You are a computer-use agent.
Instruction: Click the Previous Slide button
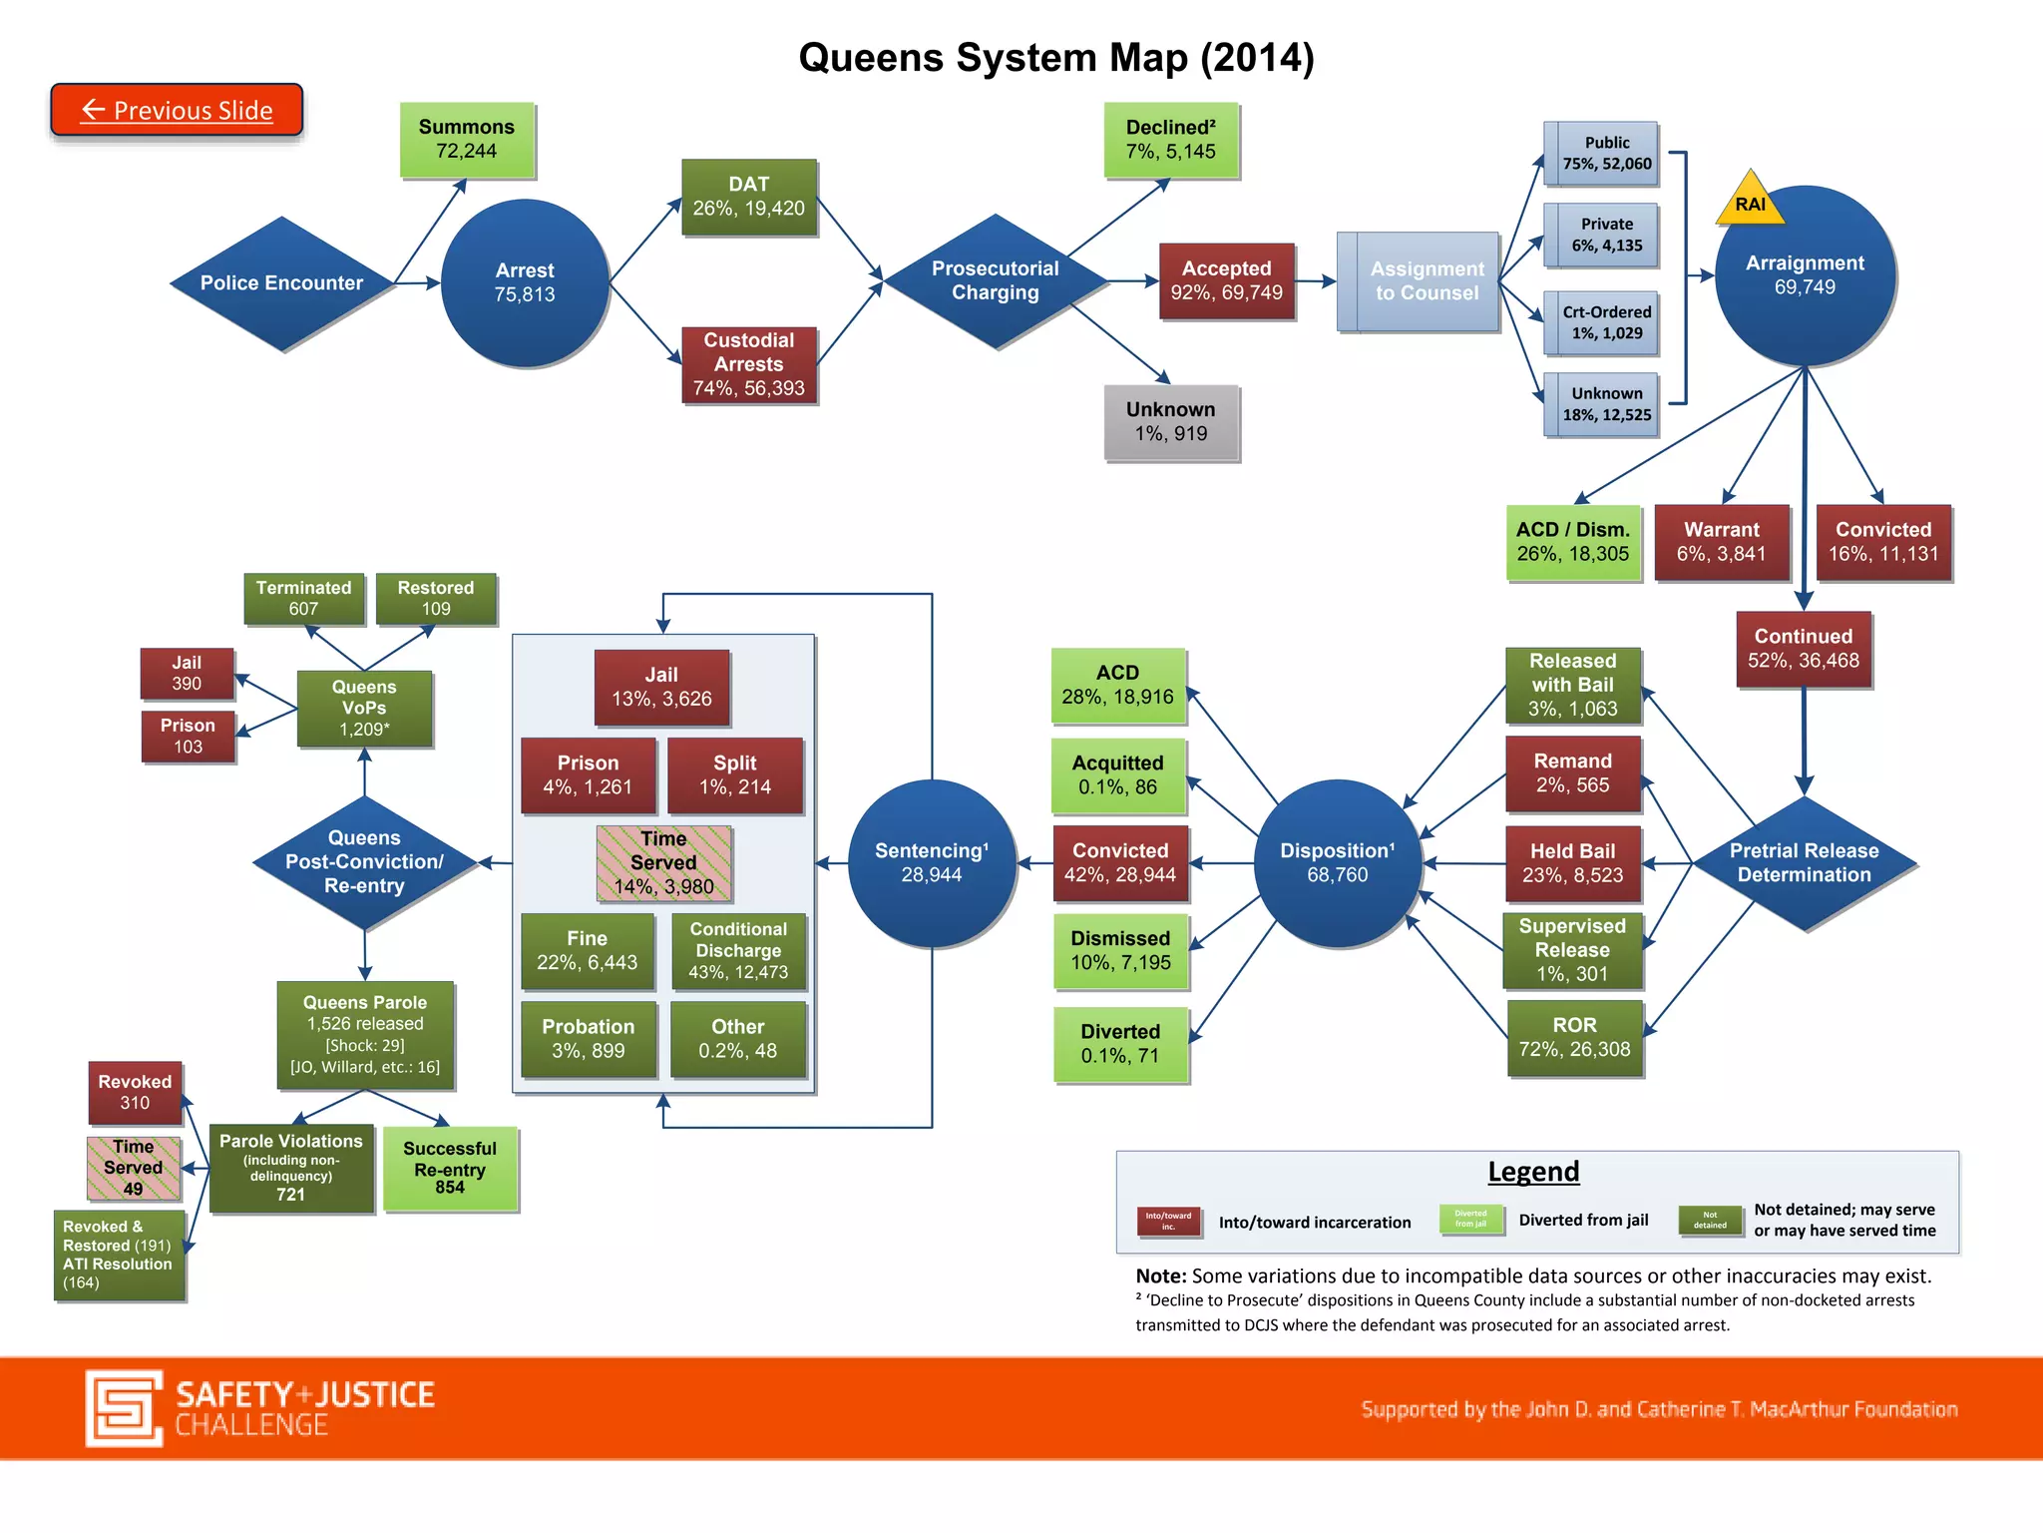point(177,110)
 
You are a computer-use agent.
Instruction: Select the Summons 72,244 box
point(467,140)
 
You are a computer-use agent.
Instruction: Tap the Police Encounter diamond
point(282,283)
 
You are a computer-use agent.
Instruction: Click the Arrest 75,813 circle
point(525,283)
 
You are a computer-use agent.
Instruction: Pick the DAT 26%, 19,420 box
point(748,197)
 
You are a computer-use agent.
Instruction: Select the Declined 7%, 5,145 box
point(1171,140)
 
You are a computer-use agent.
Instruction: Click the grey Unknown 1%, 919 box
point(1171,422)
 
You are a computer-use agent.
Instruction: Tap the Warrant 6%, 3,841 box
point(1722,542)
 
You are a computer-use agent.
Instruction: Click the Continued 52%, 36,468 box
point(1803,649)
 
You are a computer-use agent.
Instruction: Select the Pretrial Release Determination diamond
point(1804,863)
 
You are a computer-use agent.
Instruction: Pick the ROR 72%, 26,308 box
point(1574,1038)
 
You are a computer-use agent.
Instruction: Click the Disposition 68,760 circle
point(1337,863)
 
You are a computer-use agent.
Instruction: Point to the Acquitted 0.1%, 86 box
point(1117,775)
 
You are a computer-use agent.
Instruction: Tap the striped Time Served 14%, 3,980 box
point(663,863)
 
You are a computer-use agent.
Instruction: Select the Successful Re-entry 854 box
point(450,1168)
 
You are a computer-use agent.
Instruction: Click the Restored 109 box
point(436,598)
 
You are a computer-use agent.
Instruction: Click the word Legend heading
point(1533,1172)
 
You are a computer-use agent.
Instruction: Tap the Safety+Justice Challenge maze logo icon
point(124,1407)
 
